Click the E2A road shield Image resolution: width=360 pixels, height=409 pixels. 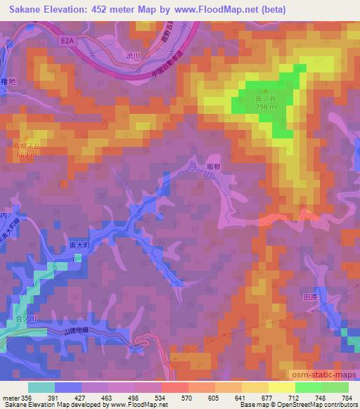(67, 41)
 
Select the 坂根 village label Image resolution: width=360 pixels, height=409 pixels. (214, 167)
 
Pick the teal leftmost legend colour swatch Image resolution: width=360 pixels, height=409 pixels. (41, 386)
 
